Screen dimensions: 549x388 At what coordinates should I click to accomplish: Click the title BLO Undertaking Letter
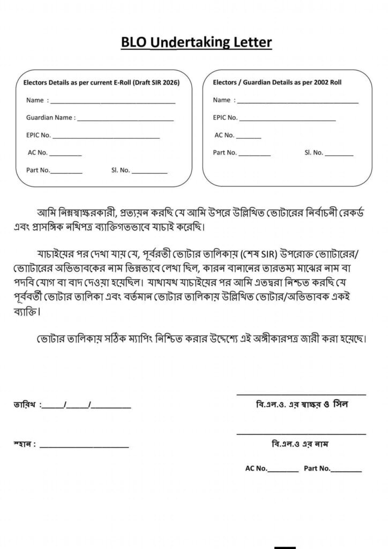coord(196,42)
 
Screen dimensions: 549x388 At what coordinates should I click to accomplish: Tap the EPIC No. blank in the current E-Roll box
coord(106,137)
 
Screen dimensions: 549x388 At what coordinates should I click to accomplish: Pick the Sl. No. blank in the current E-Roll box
coord(150,172)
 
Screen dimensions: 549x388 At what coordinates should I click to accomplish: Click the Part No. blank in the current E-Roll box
coord(66,172)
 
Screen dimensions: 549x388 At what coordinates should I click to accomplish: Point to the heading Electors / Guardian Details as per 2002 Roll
coord(277,83)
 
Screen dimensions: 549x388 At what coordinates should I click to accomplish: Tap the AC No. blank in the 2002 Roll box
coord(248,137)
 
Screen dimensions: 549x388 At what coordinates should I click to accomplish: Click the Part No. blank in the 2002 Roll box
coord(255,154)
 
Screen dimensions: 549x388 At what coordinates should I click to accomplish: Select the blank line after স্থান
coord(84,446)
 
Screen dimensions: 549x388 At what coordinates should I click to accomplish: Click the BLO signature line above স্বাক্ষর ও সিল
coord(301,394)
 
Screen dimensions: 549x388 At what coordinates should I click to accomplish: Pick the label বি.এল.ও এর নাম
coord(301,444)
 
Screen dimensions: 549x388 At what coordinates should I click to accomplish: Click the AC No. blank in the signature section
coord(283,471)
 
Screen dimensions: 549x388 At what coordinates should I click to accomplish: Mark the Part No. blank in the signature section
coord(346,471)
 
